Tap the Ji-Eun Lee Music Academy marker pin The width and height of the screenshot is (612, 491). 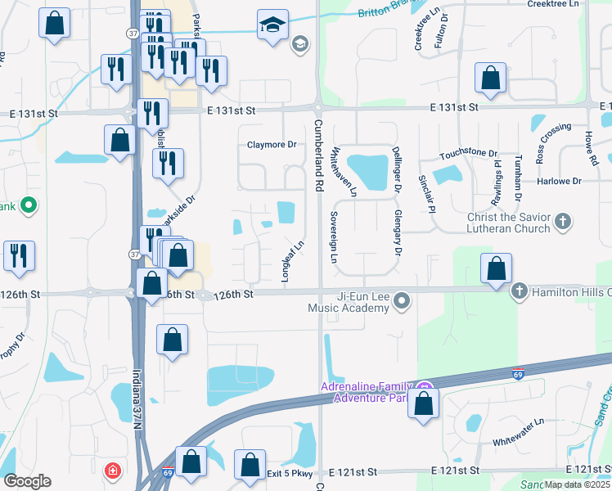click(401, 303)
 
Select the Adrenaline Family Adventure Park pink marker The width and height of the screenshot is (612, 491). click(423, 387)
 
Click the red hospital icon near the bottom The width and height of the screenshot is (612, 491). click(112, 471)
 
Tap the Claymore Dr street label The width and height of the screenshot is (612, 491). click(272, 145)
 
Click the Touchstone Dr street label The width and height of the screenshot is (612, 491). click(469, 154)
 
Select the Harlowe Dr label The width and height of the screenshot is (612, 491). click(559, 181)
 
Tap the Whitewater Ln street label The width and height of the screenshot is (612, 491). click(518, 433)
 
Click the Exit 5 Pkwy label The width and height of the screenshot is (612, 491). click(290, 473)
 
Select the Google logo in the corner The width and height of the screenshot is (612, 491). click(27, 481)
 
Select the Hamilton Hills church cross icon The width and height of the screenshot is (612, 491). click(519, 291)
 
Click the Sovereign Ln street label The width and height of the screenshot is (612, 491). click(334, 237)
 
